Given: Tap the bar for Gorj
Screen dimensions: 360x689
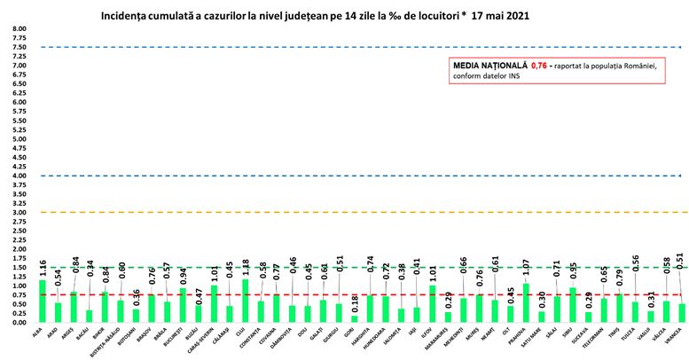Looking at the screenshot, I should pyautogui.click(x=355, y=319).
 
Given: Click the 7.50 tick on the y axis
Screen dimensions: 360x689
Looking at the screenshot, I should pyautogui.click(x=18, y=47).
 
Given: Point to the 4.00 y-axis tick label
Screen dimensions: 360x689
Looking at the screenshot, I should pyautogui.click(x=18, y=176).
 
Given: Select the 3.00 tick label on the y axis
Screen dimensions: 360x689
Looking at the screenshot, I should pyautogui.click(x=18, y=213).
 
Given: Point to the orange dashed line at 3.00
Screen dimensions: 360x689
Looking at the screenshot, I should pyautogui.click(x=355, y=213).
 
